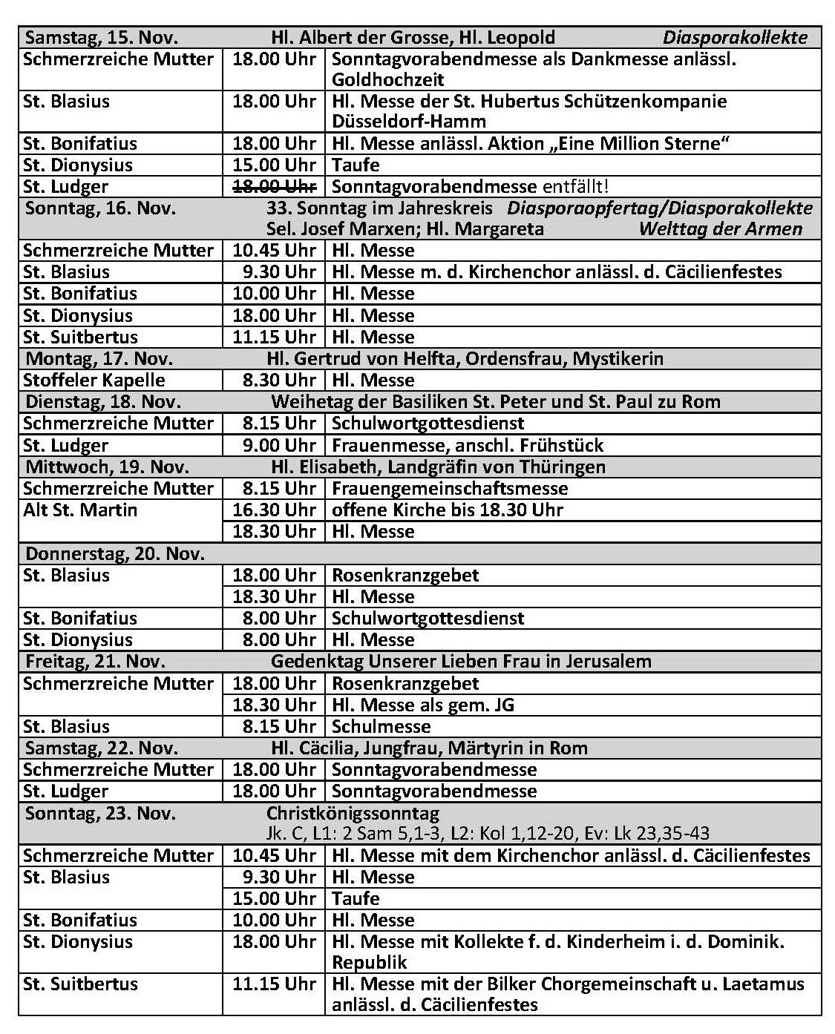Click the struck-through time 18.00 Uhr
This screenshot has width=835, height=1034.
coord(274,186)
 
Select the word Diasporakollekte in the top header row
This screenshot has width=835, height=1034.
coord(735,38)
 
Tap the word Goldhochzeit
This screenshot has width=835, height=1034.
coord(388,79)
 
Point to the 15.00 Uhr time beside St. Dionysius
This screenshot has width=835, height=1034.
coord(274,165)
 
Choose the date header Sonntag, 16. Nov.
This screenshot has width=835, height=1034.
coord(101,208)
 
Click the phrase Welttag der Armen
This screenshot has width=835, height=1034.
coord(720,229)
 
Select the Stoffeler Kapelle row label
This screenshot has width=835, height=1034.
coord(94,381)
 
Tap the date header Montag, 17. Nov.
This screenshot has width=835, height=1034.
coord(99,359)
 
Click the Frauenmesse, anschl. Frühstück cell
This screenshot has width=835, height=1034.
coord(468,445)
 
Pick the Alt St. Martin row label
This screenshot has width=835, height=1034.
coord(80,510)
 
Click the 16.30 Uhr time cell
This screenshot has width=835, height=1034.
coord(274,510)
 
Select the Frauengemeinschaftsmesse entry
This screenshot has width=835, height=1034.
coord(450,489)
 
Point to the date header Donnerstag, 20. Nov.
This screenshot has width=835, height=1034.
coord(115,554)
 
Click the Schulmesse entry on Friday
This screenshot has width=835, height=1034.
coord(382,726)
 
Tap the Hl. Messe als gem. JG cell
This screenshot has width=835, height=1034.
coord(423,705)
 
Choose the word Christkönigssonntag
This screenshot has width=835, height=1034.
coord(353,814)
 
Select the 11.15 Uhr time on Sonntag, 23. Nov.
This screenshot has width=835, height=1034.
coord(274,984)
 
